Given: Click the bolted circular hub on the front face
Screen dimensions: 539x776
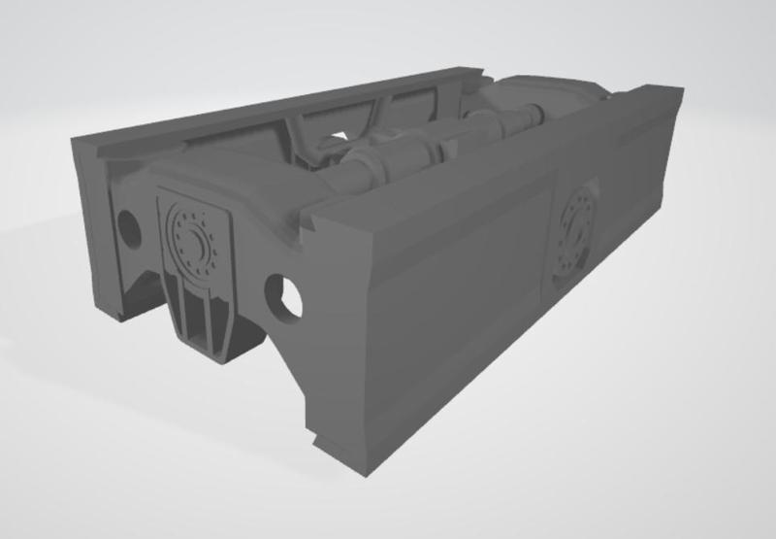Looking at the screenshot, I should tap(194, 235).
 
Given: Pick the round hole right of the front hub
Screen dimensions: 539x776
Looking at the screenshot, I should tap(286, 298).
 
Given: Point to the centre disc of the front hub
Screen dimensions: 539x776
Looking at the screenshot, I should tap(194, 236).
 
